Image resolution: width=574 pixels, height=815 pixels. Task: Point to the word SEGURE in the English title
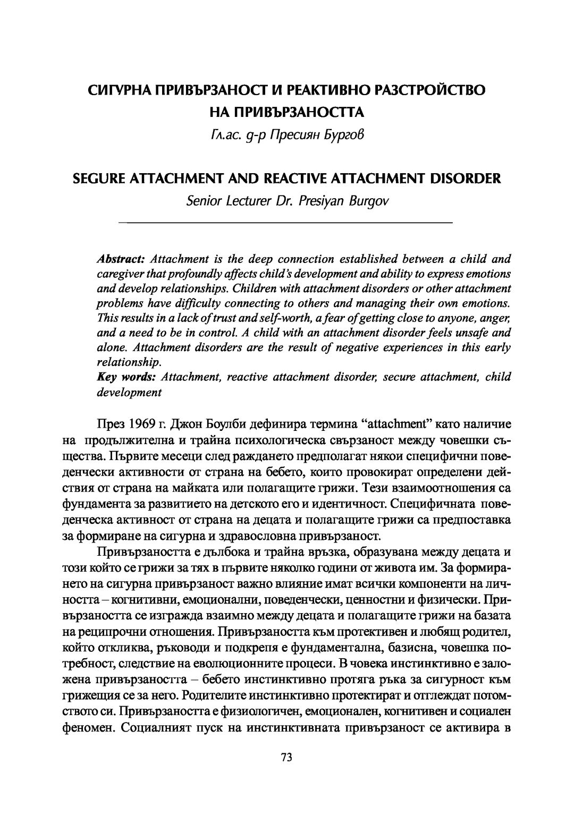pyautogui.click(x=96, y=179)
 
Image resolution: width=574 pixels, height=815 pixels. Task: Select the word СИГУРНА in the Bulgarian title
pyautogui.click(x=115, y=90)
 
